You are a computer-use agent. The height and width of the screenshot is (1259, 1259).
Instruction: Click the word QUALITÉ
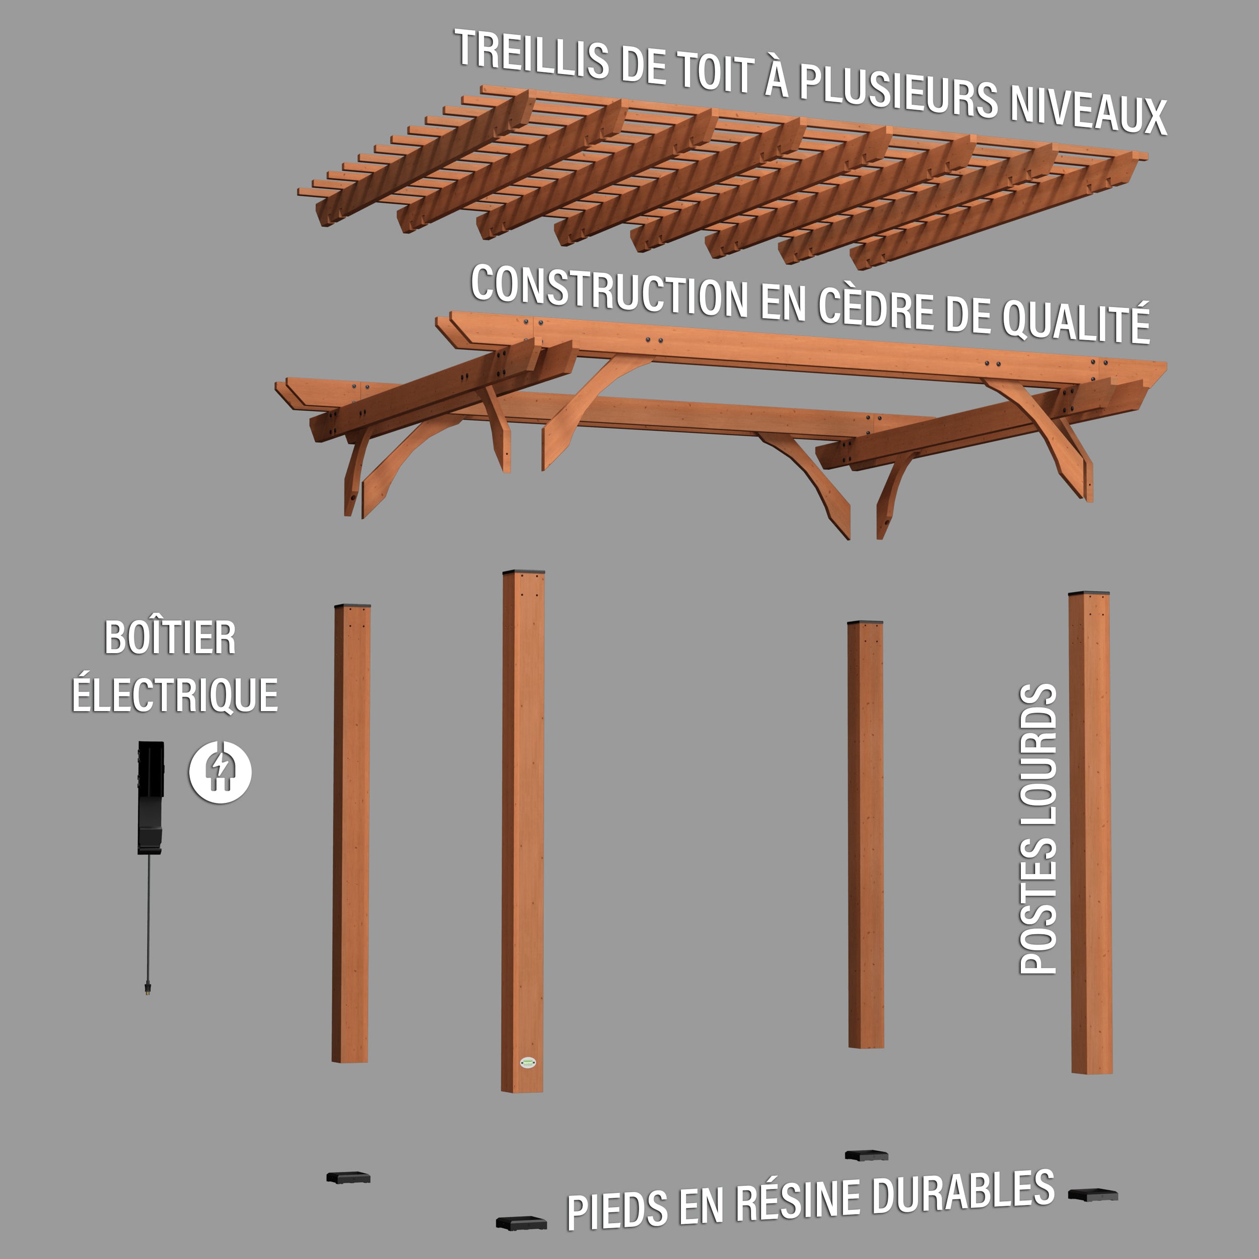point(1075,321)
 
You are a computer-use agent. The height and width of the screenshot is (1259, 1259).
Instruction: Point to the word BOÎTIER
point(170,638)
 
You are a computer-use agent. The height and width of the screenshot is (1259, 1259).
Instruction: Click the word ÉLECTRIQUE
point(175,695)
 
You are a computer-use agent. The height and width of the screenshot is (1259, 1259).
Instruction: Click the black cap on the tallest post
point(523,572)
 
